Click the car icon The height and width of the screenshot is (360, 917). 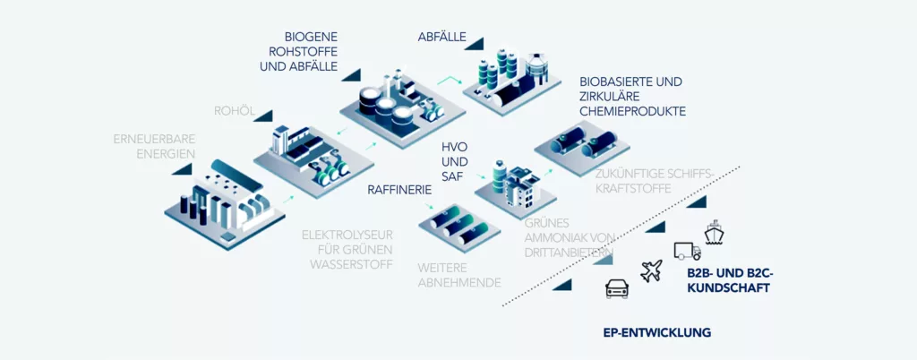click(617, 288)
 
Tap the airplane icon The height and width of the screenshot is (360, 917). click(651, 270)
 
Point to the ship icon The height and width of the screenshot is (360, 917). click(714, 233)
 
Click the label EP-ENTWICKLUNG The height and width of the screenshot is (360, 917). click(657, 333)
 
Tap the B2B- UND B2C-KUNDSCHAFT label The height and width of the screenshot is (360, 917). click(728, 281)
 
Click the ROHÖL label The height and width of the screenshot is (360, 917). click(235, 111)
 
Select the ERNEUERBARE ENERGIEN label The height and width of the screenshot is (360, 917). click(154, 146)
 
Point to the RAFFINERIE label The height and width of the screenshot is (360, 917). click(399, 190)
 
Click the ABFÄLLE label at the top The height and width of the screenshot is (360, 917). click(441, 37)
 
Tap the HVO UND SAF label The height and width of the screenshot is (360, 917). click(456, 161)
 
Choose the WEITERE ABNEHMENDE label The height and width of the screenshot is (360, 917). click(459, 275)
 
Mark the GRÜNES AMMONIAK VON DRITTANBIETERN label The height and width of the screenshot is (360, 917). click(568, 237)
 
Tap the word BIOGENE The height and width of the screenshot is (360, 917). click(311, 37)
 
